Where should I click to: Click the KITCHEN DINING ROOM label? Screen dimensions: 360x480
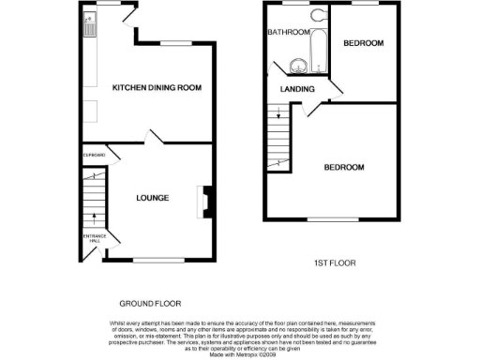pos(157,87)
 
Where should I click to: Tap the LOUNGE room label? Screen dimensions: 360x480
pos(152,198)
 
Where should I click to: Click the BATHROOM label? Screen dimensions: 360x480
pos(288,33)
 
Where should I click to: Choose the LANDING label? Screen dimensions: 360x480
pos(297,89)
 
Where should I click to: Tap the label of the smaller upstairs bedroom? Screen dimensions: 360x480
pos(364,44)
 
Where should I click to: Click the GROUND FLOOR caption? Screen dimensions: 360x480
pos(150,304)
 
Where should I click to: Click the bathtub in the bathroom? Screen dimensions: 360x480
pos(316,45)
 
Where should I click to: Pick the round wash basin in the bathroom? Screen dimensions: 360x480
pos(297,66)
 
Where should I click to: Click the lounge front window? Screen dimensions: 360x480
pos(158,259)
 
